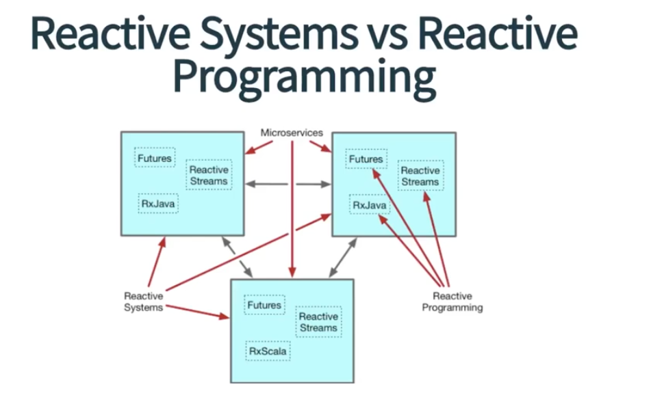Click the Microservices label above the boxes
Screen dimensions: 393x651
pos(292,133)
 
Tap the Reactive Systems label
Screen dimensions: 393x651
pos(144,302)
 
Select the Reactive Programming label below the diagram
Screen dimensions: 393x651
pos(452,302)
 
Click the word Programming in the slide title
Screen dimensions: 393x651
pos(305,79)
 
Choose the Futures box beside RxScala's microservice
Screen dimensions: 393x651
pos(264,305)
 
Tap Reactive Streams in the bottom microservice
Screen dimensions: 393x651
pos(318,323)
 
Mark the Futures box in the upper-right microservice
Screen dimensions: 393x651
pos(366,159)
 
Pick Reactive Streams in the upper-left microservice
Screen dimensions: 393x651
pos(209,176)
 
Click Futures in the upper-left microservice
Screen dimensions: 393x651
pos(155,159)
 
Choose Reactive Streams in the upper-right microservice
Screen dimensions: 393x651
pos(420,176)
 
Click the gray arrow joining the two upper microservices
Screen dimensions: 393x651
pos(288,183)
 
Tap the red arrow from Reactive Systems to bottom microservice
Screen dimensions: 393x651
pos(199,312)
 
